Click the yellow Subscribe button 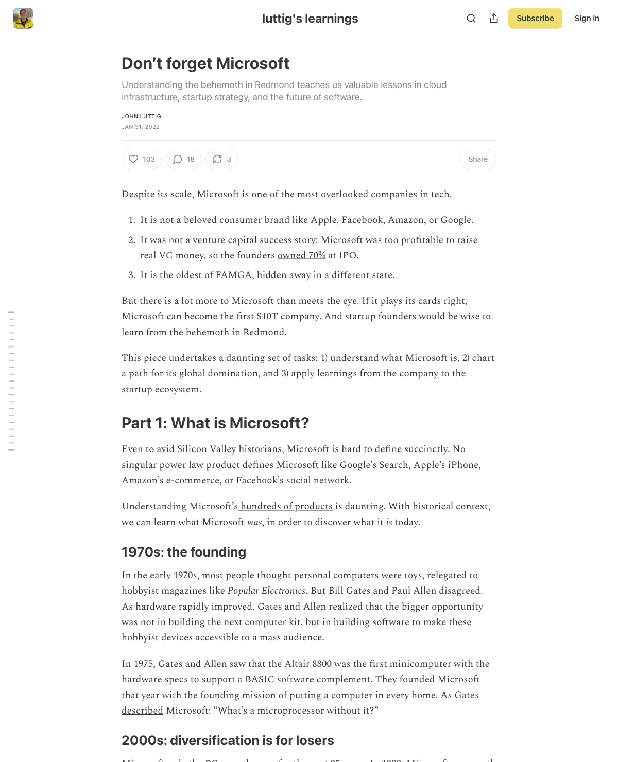coord(535,19)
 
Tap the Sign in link coord(587,19)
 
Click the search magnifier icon coord(471,19)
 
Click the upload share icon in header coord(494,19)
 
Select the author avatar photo coord(23,19)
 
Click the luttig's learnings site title coord(310,19)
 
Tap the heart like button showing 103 coord(142,159)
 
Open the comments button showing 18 coord(183,159)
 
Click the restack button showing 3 coord(221,159)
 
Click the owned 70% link coord(301,255)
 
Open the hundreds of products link coord(286,506)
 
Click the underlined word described coord(142,711)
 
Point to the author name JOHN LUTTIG coord(141,116)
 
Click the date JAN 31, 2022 coord(141,127)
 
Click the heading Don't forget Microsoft coord(205,63)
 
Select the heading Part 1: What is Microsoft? coord(215,423)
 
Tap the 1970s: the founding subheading coord(184,552)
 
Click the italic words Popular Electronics coord(266,591)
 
